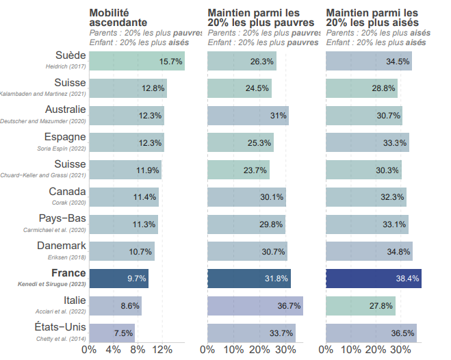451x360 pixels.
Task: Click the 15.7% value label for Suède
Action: (x=170, y=62)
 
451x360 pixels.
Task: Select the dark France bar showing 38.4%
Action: (x=373, y=279)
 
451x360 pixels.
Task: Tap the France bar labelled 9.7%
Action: (x=118, y=279)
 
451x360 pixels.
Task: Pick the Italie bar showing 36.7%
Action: (x=255, y=306)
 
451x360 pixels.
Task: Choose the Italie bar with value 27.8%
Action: (x=360, y=306)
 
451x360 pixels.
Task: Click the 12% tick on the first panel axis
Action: (x=162, y=350)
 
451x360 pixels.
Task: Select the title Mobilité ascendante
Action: (x=119, y=18)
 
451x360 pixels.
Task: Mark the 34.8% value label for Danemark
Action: (x=398, y=252)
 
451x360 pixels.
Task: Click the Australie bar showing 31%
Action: (x=248, y=116)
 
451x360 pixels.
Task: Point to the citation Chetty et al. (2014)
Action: (x=64, y=338)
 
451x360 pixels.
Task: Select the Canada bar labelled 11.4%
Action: (x=124, y=197)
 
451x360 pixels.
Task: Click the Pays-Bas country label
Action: (x=62, y=218)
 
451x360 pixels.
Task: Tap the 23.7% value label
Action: (x=257, y=170)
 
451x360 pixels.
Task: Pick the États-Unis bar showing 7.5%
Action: (x=112, y=333)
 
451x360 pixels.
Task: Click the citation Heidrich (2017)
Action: (x=67, y=66)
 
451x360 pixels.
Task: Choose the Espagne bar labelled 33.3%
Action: (x=367, y=143)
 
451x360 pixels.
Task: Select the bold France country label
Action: (x=68, y=273)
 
